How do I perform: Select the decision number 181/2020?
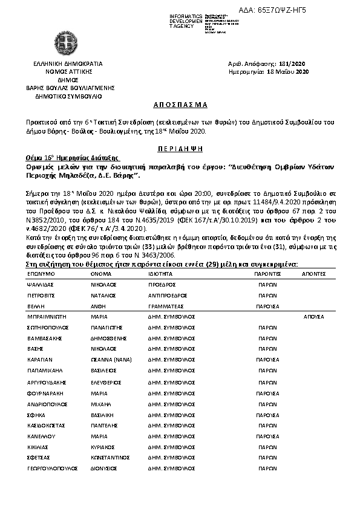(x=295, y=63)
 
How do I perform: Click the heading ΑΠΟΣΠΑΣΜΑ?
(x=180, y=105)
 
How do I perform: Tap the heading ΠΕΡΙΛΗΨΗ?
(x=180, y=148)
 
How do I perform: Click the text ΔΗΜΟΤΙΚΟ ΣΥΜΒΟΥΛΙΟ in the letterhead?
(x=68, y=96)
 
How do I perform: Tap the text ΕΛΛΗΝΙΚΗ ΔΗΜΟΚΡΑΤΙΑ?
(x=68, y=63)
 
